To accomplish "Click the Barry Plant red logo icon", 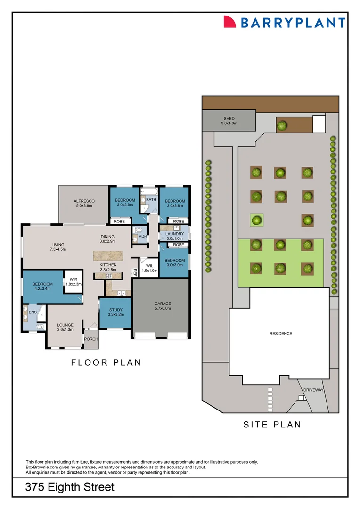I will (229, 22).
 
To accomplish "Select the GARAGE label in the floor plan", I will (163, 304).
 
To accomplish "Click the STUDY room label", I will (115, 310).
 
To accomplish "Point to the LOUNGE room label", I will (65, 325).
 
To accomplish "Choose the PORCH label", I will (90, 339).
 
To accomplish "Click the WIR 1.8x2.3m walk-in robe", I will (73, 281).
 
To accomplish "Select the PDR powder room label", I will (142, 236).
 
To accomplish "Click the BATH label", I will (151, 200).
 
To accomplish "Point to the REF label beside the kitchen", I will (135, 271).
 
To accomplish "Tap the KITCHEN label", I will (108, 265).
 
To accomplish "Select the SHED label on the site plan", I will (229, 119).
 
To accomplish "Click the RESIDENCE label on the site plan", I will (280, 334).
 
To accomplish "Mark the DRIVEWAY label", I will (313, 390).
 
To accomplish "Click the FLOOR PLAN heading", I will (106, 362).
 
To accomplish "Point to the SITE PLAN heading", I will (272, 425).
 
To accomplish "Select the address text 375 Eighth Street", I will (70, 487).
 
